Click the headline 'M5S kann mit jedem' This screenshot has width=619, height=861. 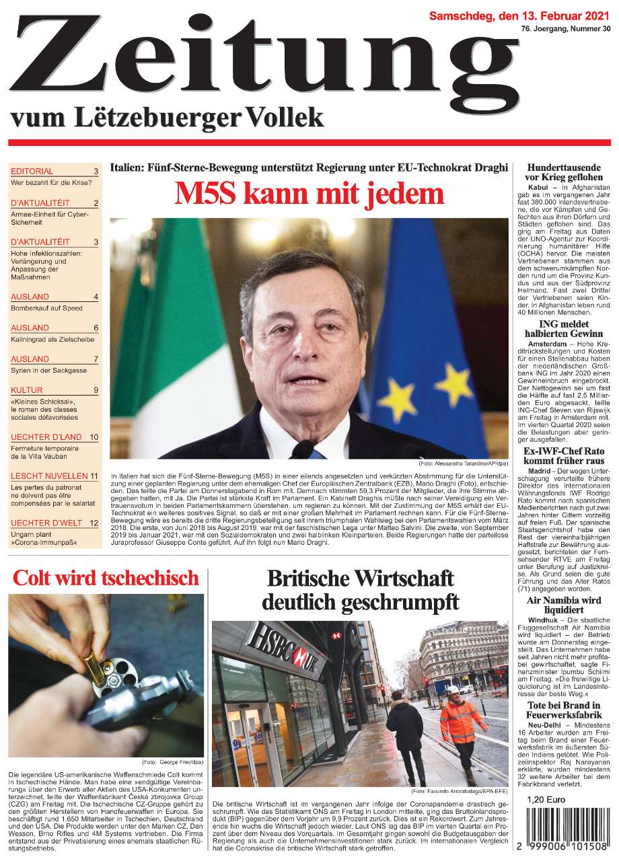[x=309, y=194]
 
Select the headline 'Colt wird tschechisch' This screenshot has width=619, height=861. [x=106, y=578]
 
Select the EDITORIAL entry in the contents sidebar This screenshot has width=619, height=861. [x=32, y=172]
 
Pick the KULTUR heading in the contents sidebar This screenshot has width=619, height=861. [x=27, y=390]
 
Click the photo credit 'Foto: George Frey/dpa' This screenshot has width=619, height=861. [x=172, y=761]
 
